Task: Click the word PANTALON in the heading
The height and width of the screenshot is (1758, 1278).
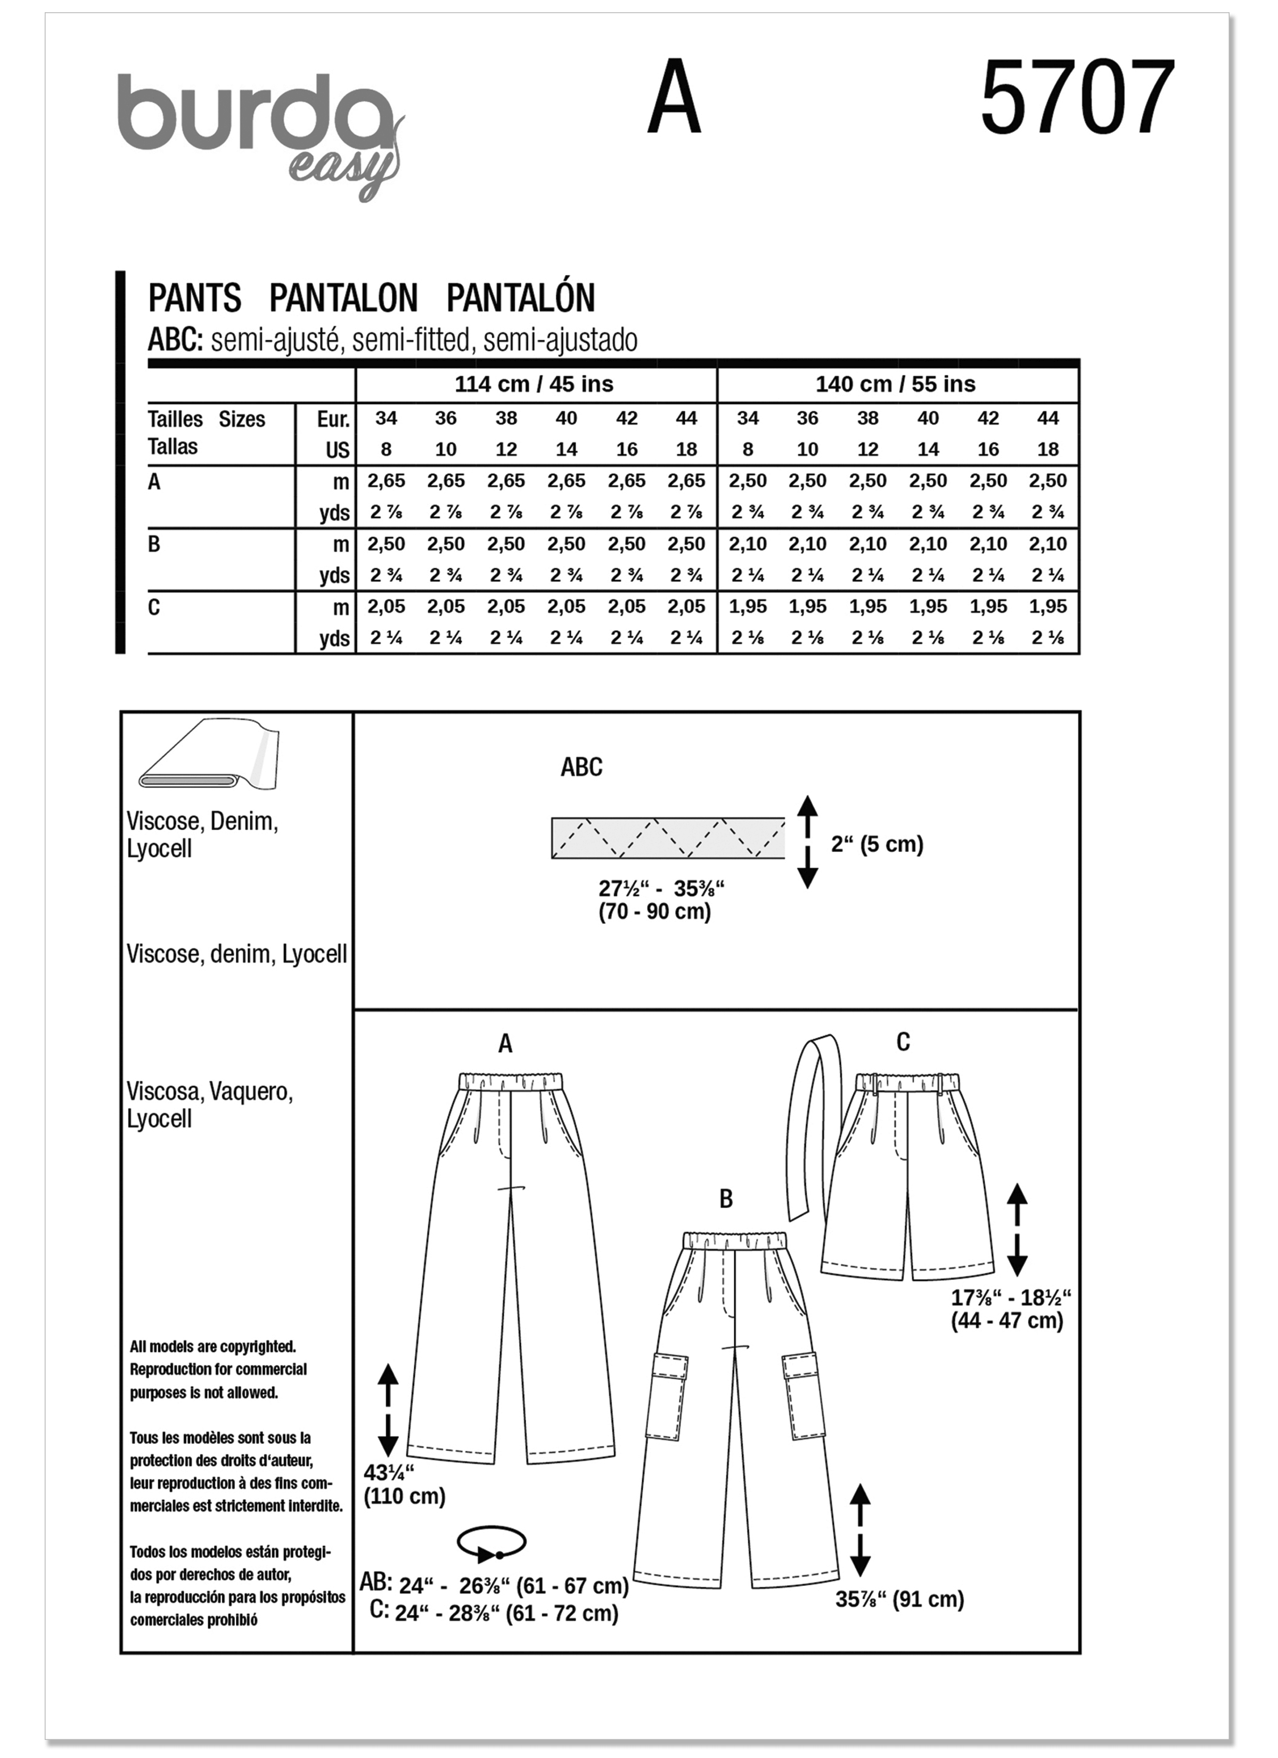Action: coord(343,298)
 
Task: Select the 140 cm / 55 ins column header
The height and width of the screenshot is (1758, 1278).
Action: coord(895,385)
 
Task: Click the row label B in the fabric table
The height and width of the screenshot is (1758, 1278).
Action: coord(154,545)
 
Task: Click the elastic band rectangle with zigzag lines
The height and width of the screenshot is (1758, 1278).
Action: coord(667,838)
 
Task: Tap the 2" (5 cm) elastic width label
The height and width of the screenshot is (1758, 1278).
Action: coord(876,844)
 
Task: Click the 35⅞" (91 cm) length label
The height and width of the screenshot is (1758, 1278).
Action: coord(899,1599)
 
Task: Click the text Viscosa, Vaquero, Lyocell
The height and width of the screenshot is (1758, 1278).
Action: coord(209,1104)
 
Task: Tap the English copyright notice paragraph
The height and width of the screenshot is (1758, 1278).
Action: coord(217,1370)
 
